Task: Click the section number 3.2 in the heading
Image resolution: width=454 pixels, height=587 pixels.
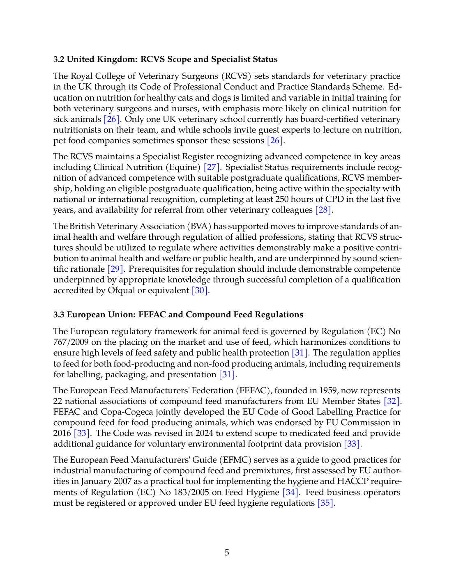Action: [x=59, y=60]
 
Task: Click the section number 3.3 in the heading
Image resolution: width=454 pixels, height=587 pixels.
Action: [x=59, y=315]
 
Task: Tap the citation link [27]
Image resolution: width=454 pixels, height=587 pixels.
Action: [x=212, y=167]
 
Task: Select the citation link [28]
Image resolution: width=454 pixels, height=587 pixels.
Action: [x=323, y=210]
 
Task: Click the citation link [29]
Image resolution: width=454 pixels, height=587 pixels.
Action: [x=115, y=269]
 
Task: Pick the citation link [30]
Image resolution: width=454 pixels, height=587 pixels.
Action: [x=200, y=291]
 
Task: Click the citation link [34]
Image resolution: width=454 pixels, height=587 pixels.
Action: [x=290, y=493]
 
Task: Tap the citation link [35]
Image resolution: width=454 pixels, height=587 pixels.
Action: [x=325, y=503]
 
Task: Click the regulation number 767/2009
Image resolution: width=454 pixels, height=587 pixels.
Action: [x=70, y=342]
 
